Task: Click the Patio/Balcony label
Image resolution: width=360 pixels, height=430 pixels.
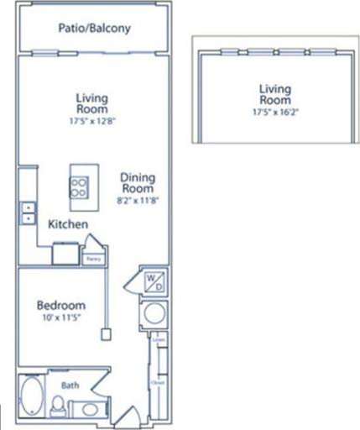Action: pos(94,29)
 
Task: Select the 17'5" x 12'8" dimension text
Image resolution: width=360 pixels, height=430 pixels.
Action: pos(91,120)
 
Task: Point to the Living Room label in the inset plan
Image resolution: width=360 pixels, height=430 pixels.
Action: pos(274,95)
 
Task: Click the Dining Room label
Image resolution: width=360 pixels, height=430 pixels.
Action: pos(139,184)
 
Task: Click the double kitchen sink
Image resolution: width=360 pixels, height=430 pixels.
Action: pos(29,212)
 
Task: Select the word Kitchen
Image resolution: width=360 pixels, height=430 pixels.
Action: pos(68,225)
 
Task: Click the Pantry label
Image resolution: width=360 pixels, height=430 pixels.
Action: pos(93,260)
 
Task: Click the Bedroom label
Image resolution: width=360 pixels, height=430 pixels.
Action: pos(58,305)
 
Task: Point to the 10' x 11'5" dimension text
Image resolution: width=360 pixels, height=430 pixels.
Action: pos(58,319)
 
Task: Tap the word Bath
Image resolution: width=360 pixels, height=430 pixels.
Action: pos(70,385)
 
